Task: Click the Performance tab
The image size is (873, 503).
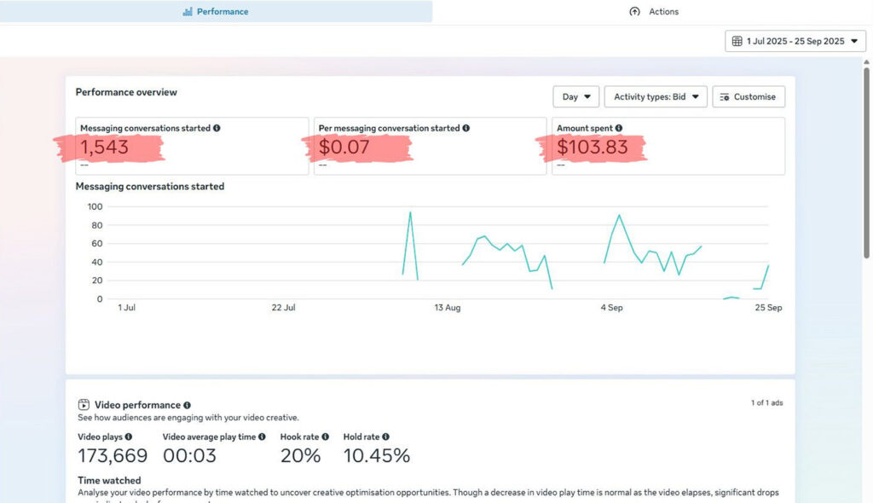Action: pyautogui.click(x=216, y=12)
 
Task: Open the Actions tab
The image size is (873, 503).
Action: pyautogui.click(x=654, y=12)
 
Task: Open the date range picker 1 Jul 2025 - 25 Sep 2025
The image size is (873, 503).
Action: pyautogui.click(x=795, y=41)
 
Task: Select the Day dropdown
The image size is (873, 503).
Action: pyautogui.click(x=575, y=97)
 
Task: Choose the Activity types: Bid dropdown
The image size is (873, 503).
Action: pyautogui.click(x=656, y=97)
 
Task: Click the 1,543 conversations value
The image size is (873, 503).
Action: pyautogui.click(x=105, y=147)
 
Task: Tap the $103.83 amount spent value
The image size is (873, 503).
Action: pyautogui.click(x=592, y=147)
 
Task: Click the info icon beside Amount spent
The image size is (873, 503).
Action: pyautogui.click(x=618, y=129)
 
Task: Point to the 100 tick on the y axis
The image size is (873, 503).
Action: pyautogui.click(x=95, y=206)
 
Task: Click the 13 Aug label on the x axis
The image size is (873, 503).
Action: pyautogui.click(x=447, y=308)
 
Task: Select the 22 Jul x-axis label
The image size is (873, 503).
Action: pyautogui.click(x=283, y=308)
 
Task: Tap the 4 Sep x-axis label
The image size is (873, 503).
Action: pyautogui.click(x=611, y=308)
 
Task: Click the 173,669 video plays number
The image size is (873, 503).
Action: pyautogui.click(x=113, y=456)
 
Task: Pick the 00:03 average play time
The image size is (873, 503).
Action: pyautogui.click(x=189, y=456)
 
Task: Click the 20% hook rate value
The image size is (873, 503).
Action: pyautogui.click(x=300, y=456)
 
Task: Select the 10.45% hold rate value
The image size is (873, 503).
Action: pyautogui.click(x=376, y=456)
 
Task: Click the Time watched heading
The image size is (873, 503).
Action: pyautogui.click(x=109, y=481)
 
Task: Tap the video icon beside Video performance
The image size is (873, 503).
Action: pyautogui.click(x=84, y=405)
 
